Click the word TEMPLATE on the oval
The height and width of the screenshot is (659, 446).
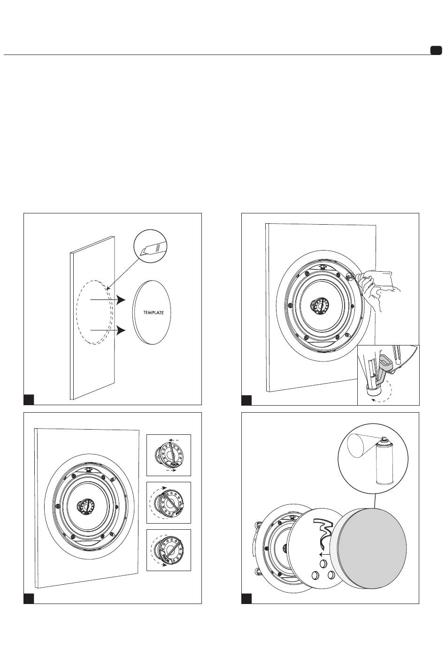[154, 313]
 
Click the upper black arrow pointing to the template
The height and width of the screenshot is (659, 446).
[108, 300]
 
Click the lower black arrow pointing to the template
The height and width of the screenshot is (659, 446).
[108, 330]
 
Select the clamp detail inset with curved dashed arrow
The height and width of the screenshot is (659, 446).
[388, 375]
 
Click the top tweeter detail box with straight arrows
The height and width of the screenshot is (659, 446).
[169, 455]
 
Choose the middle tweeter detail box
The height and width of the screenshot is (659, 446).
[169, 502]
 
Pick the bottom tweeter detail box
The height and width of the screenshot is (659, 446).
[169, 550]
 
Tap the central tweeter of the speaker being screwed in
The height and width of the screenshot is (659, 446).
[319, 306]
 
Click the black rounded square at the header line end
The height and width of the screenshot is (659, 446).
[436, 50]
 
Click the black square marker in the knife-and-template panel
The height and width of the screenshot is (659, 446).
[29, 400]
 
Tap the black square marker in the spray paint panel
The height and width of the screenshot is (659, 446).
[246, 599]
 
